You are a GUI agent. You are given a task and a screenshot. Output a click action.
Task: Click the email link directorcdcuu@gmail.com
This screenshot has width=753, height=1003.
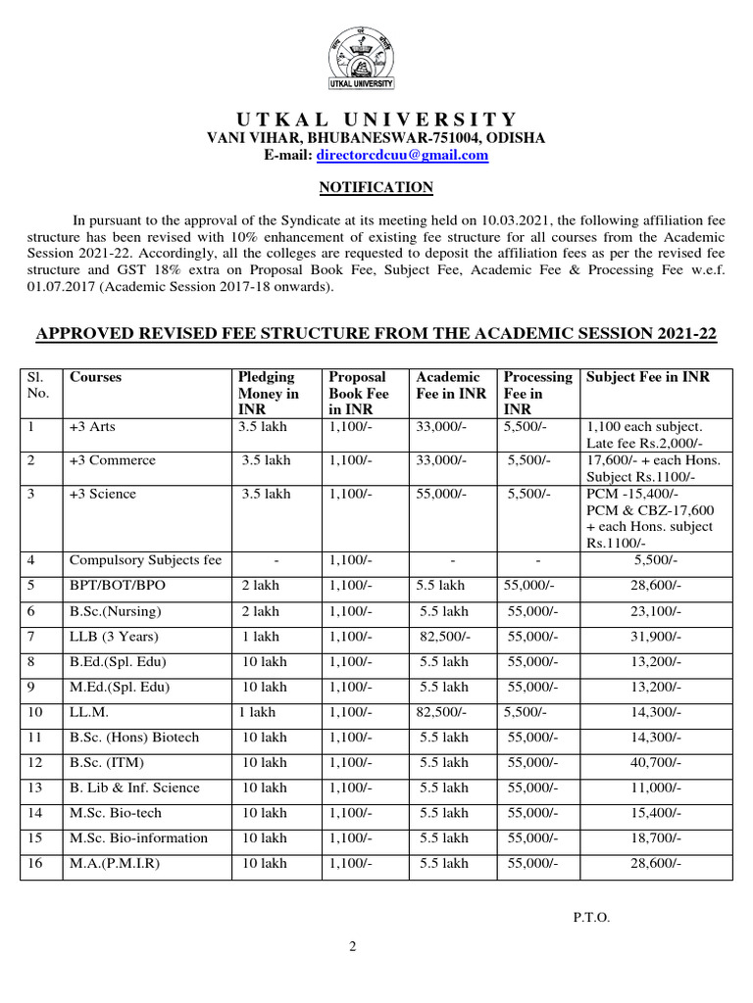click(x=402, y=155)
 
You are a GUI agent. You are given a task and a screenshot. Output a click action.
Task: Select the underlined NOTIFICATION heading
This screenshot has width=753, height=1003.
click(x=376, y=187)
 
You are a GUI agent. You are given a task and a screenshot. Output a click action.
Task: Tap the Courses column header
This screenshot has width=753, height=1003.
click(x=96, y=377)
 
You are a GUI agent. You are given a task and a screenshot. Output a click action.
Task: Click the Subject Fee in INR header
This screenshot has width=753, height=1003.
click(x=646, y=377)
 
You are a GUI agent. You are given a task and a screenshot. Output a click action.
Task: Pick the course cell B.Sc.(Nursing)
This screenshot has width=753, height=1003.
click(x=115, y=611)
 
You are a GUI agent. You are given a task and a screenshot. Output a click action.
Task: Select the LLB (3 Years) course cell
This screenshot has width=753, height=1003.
click(x=111, y=637)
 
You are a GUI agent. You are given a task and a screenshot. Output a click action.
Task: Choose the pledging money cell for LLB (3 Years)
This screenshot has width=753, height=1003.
click(x=260, y=637)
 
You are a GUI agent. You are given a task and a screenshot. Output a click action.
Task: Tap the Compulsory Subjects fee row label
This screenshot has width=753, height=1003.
click(x=145, y=560)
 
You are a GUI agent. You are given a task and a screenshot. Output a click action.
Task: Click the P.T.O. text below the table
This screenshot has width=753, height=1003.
click(x=591, y=917)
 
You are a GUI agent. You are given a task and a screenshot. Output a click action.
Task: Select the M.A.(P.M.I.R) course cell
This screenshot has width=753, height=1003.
click(x=115, y=863)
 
